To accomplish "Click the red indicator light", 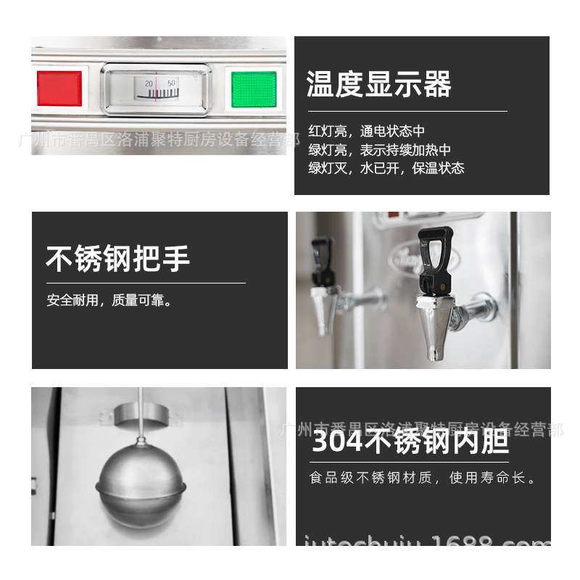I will [x=59, y=88].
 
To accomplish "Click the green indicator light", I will [x=254, y=88].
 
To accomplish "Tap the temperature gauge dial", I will [x=156, y=89].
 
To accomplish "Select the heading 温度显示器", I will [x=378, y=84].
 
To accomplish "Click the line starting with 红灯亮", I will [x=366, y=131].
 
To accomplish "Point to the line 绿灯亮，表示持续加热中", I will [x=379, y=150].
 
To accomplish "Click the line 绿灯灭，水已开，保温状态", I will [x=386, y=168].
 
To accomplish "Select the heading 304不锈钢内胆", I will [x=410, y=440].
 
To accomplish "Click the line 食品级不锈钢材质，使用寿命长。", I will [x=423, y=478].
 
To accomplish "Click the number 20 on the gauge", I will [x=149, y=83].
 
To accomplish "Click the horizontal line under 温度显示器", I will [x=407, y=111].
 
